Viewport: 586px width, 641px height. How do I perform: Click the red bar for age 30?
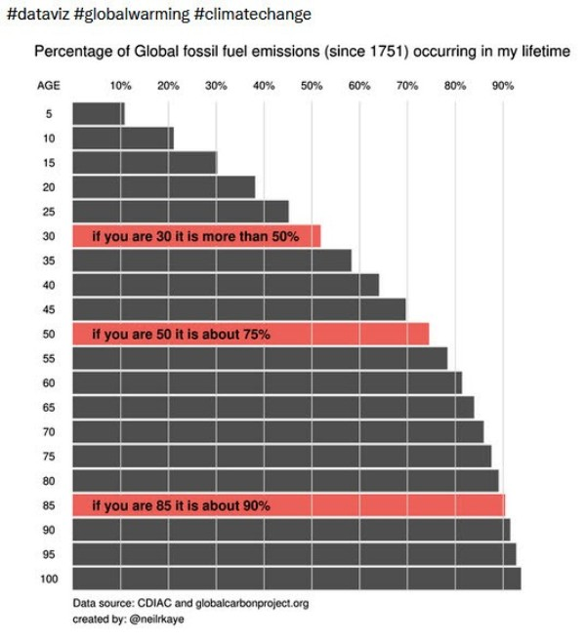click(x=195, y=236)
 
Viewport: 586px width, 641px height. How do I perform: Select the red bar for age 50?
click(x=250, y=334)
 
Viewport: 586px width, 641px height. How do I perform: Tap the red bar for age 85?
click(x=288, y=505)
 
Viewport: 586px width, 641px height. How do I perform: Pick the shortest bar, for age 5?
click(x=98, y=113)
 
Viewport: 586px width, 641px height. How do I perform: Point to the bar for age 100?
click(x=296, y=580)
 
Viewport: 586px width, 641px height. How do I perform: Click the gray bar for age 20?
click(x=163, y=186)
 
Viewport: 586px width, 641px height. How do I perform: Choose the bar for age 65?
click(x=272, y=408)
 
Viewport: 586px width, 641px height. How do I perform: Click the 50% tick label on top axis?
click(x=312, y=86)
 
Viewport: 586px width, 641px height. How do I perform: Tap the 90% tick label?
click(x=503, y=86)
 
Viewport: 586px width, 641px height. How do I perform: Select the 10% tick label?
click(x=121, y=86)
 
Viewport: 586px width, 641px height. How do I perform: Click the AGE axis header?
click(x=48, y=86)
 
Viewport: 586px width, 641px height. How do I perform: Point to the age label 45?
click(x=49, y=309)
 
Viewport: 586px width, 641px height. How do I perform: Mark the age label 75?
click(x=49, y=457)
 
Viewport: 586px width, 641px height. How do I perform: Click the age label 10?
click(x=49, y=138)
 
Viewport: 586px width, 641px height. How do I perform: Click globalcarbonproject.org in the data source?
click(x=252, y=604)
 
